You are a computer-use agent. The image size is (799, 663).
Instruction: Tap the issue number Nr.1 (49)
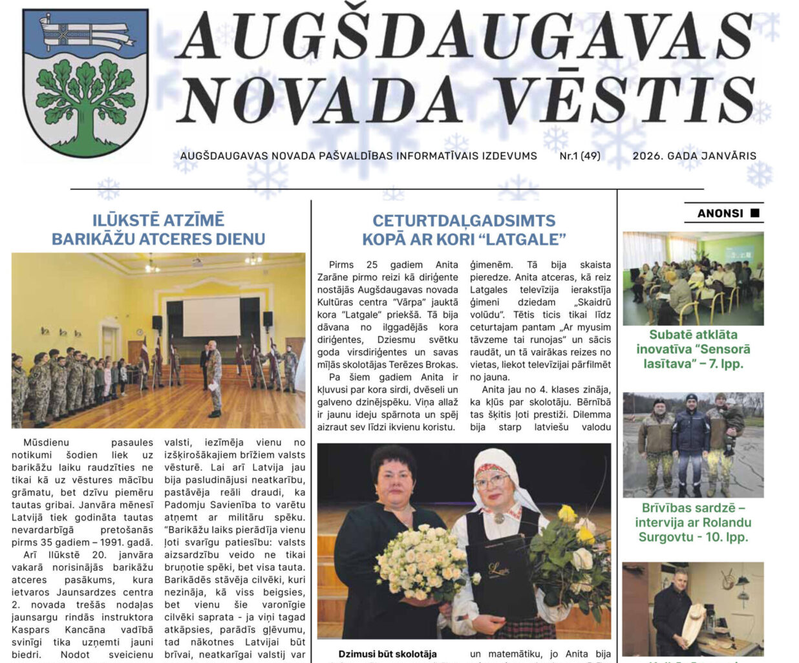(x=580, y=156)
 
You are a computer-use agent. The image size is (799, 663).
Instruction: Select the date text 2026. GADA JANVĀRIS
(x=694, y=156)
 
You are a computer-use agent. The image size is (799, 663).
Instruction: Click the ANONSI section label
(x=720, y=213)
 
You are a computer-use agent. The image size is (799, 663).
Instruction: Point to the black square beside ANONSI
(x=754, y=213)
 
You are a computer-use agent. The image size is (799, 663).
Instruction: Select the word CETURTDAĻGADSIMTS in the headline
(x=463, y=220)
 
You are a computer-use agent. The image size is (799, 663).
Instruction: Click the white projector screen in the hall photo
(x=211, y=316)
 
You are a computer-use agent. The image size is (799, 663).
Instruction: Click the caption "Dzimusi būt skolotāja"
(x=387, y=654)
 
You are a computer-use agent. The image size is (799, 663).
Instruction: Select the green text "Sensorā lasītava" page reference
(x=693, y=356)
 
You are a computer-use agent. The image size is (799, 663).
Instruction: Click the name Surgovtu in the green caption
(x=665, y=537)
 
